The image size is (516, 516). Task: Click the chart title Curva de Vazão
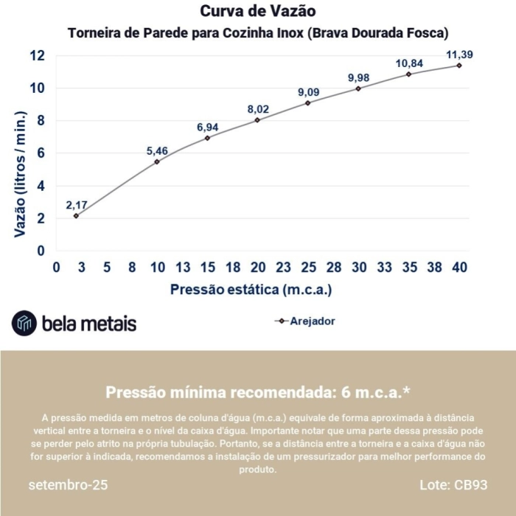tap(258, 12)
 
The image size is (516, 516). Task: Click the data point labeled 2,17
tap(76, 215)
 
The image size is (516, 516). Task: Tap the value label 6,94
tap(208, 128)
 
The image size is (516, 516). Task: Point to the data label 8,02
tap(258, 110)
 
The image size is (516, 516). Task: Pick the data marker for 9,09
tap(308, 102)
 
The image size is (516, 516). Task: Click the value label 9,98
tap(359, 78)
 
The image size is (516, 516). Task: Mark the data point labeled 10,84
tap(408, 74)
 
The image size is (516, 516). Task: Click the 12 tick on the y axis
tap(37, 56)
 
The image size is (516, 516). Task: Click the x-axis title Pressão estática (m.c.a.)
tap(251, 290)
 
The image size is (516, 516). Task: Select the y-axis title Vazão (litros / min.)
tap(21, 174)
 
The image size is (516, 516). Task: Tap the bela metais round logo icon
tap(24, 323)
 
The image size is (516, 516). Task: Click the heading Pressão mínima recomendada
tap(258, 391)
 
